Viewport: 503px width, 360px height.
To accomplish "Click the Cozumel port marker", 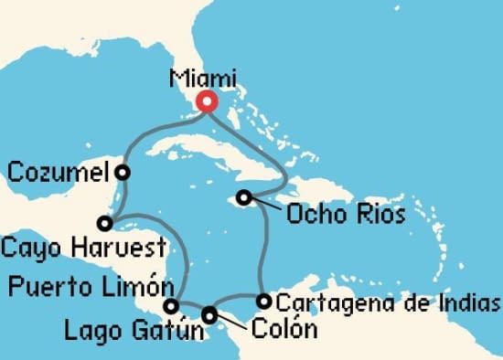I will pos(122,171).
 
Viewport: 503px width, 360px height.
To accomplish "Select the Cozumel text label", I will pos(59,171).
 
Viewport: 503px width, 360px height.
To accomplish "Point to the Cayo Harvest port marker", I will pos(105,222).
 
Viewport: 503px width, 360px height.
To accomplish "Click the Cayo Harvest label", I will pos(83,247).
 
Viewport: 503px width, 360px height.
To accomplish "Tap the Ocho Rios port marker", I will pos(243,196).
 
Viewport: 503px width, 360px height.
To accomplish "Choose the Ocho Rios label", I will pos(347,216).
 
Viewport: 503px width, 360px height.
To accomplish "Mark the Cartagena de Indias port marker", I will pos(263,301).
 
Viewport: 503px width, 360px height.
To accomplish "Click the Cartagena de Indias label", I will pos(388,302).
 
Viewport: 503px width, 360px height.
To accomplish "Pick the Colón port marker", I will pos(210,314).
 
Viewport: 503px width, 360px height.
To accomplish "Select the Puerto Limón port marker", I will pos(170,305).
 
